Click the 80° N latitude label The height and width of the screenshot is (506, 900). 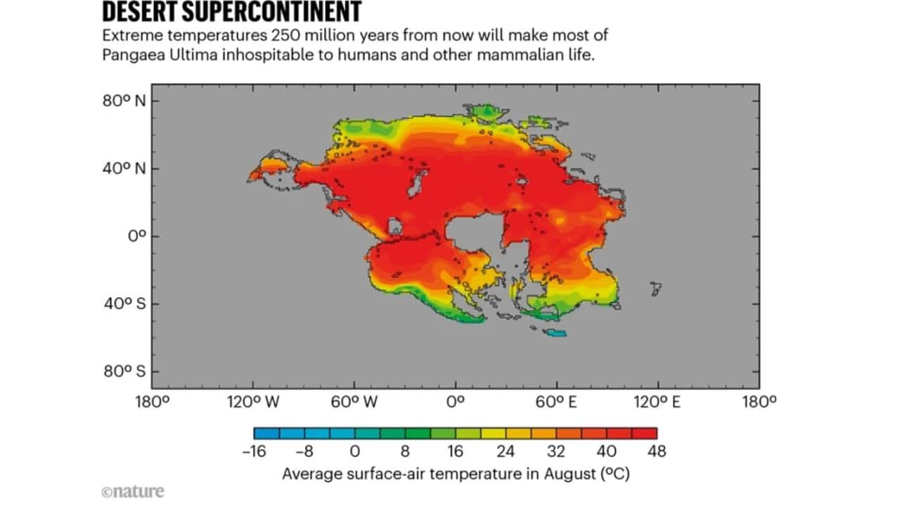coord(125,100)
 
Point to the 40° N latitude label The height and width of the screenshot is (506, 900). coord(125,169)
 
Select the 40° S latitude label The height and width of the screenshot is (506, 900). coord(125,304)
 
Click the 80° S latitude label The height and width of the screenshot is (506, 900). coord(125,371)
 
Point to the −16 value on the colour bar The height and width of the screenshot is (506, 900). coord(254,451)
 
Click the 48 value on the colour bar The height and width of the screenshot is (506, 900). coord(656,451)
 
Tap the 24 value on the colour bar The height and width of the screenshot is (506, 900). coord(506,451)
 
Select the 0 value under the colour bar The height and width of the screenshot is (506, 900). coord(355,451)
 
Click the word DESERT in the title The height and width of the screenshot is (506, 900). coord(141,12)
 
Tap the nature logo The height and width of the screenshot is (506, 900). coord(132,491)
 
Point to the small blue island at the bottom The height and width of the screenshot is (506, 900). coord(557,333)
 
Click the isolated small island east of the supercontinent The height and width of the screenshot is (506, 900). coord(655,288)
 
